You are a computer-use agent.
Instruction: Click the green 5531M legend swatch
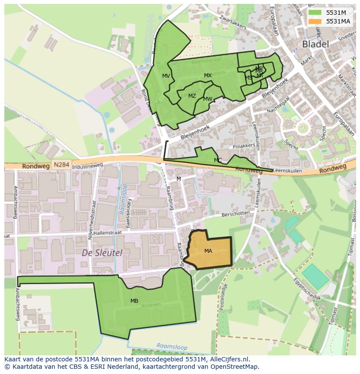click(315, 13)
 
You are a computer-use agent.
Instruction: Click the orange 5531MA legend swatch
click(315, 21)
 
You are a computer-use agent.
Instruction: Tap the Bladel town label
click(315, 44)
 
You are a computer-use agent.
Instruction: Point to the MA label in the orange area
click(208, 251)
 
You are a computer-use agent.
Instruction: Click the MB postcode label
click(134, 301)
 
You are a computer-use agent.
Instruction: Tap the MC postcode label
click(218, 160)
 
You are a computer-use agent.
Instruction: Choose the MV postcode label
click(166, 76)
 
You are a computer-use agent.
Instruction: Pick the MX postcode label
click(208, 76)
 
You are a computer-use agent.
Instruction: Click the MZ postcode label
click(192, 96)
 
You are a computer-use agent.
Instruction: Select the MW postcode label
click(208, 99)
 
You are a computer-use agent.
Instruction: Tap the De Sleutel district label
click(102, 253)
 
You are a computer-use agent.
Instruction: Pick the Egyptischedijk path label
click(306, 288)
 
